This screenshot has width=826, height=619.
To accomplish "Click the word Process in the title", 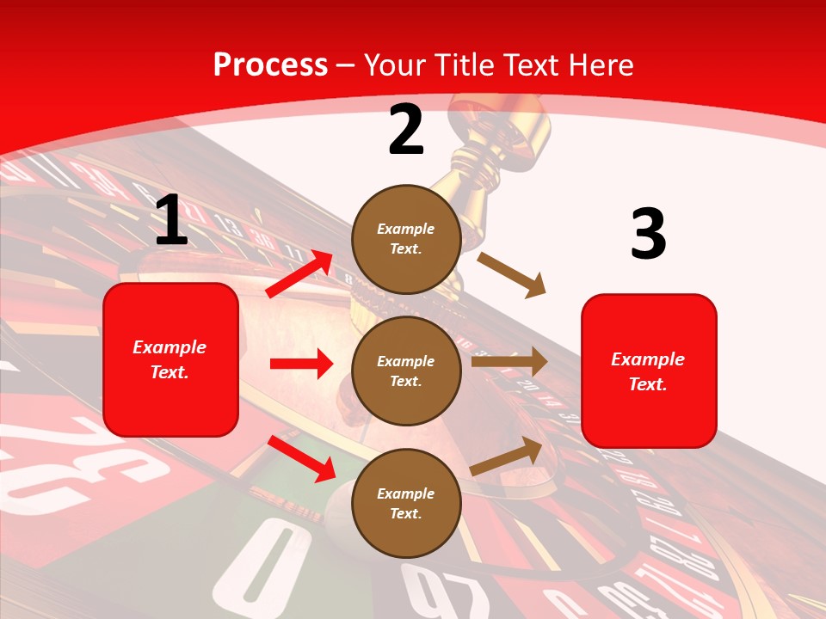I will (270, 64).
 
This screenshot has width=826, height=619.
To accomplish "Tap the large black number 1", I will (171, 220).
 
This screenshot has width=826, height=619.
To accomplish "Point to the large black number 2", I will (406, 130).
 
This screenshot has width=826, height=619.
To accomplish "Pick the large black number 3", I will (648, 234).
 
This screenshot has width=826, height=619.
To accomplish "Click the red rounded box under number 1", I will (170, 359).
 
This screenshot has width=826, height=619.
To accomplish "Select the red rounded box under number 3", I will (649, 371).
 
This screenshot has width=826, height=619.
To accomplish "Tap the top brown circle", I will (406, 239).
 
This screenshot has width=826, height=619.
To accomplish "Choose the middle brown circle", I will (406, 371).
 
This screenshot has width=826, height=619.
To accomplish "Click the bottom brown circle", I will (406, 503).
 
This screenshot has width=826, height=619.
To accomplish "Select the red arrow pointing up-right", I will (299, 273).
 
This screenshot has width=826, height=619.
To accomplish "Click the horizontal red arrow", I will (301, 364).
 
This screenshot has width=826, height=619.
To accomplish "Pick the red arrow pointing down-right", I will (301, 457).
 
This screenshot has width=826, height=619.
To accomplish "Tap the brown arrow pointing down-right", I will (511, 274).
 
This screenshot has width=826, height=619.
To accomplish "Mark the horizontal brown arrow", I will (509, 362).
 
